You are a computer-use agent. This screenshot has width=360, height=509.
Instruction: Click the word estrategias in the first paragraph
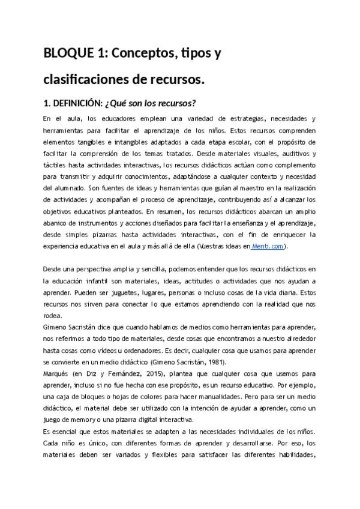pyautogui.click(x=228, y=119)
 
